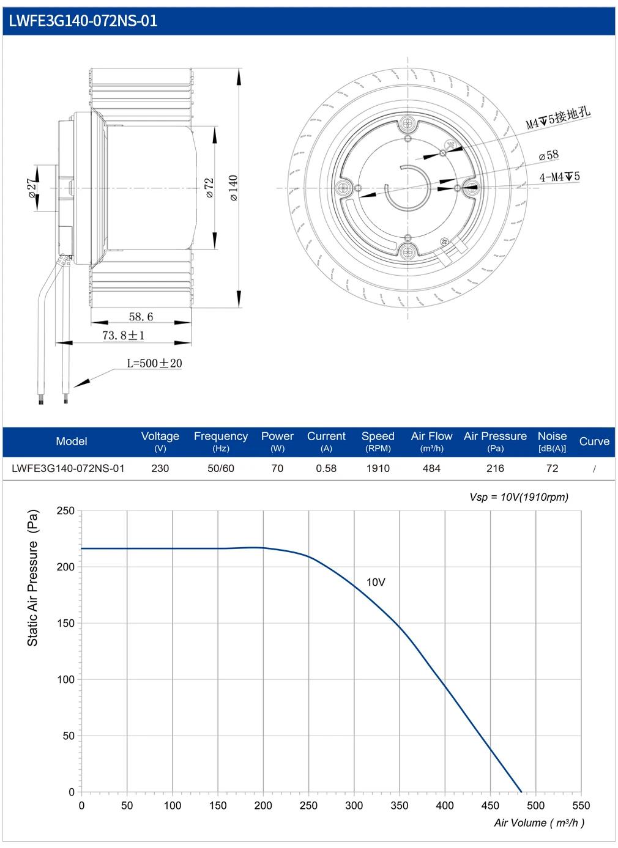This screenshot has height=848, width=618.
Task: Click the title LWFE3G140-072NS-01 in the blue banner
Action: (83, 21)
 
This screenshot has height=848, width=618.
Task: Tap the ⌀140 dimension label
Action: (233, 188)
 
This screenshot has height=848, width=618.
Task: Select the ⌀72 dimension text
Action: (209, 188)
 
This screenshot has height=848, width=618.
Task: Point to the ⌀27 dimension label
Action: (32, 188)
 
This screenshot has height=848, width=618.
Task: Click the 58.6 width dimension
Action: (141, 317)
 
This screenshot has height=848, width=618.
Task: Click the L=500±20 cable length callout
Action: (155, 363)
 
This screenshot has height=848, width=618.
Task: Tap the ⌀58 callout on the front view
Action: (549, 155)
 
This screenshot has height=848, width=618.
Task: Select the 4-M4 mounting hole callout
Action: (560, 177)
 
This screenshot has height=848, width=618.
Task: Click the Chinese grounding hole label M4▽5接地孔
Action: (558, 118)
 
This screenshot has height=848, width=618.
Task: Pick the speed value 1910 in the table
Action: (378, 468)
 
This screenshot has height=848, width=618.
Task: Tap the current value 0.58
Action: (326, 468)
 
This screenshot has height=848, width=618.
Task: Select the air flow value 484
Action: (431, 468)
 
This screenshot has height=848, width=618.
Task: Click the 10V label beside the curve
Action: (376, 582)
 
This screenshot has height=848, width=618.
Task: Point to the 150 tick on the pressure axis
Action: (65, 623)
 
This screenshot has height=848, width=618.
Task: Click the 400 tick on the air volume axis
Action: (445, 805)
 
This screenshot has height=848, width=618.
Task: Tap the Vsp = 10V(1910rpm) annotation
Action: (519, 497)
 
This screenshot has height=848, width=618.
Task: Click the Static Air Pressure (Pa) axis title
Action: (33, 578)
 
